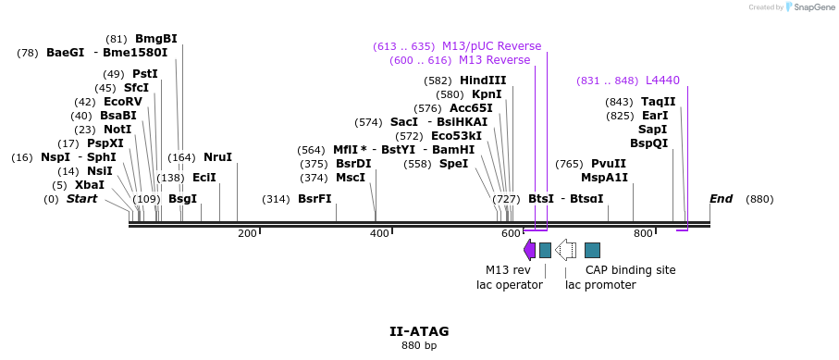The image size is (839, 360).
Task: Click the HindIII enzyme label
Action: click(x=483, y=81)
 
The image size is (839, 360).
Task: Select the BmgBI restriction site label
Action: click(x=155, y=39)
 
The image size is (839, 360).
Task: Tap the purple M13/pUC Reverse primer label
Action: click(x=491, y=46)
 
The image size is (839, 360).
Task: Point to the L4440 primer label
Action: click(x=662, y=81)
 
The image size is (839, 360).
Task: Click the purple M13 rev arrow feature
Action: click(x=529, y=250)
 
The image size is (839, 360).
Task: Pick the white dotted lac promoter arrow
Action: click(x=565, y=250)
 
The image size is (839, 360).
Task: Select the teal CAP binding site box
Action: click(x=593, y=250)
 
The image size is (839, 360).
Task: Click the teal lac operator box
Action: click(x=546, y=250)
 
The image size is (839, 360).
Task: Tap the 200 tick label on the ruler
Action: click(x=247, y=233)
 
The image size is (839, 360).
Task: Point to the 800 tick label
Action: click(x=643, y=233)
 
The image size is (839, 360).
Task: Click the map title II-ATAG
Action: click(x=419, y=330)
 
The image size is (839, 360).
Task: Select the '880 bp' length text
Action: click(x=419, y=346)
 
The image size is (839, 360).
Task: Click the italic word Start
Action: click(x=81, y=199)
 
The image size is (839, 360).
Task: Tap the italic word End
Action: click(x=721, y=199)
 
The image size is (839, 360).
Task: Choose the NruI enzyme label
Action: click(x=217, y=157)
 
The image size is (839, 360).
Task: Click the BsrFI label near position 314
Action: click(x=315, y=199)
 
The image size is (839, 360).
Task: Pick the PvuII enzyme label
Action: click(x=608, y=164)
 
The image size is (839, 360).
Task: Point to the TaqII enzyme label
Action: click(x=659, y=102)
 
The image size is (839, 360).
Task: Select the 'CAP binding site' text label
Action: click(x=630, y=270)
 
